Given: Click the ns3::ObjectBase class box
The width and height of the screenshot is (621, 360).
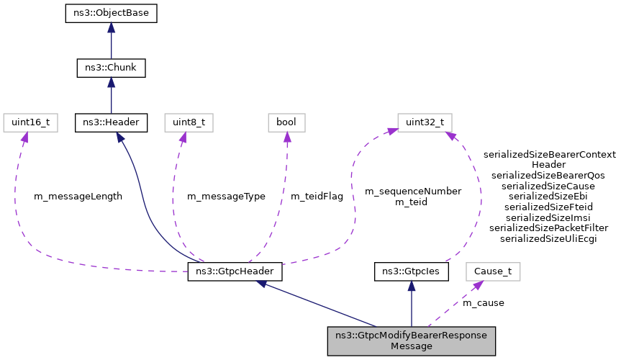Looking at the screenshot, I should pos(111,13).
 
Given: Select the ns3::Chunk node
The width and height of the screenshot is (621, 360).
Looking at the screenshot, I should pos(111,68).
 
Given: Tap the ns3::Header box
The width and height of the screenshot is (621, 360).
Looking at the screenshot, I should pos(111,122).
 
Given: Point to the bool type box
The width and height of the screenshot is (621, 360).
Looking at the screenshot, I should pos(286,122).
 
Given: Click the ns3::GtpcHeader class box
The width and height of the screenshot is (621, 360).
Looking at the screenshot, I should pos(235,272).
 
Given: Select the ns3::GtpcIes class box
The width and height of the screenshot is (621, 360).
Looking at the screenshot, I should pos(412,272).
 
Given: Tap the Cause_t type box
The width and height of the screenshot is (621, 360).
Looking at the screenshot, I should pos(492,272).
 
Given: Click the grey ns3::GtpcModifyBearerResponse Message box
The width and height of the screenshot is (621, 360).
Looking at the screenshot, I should pos(412,341).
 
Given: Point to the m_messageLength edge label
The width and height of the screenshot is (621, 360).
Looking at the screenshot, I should pos(78,197).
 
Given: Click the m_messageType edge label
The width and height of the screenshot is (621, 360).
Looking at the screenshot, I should pos(226,197).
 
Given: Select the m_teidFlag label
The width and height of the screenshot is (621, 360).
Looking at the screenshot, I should pos(317,197).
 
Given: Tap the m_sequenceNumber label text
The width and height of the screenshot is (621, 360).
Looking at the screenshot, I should pos(413,192).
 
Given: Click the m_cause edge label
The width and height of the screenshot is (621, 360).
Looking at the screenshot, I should pos(484,303).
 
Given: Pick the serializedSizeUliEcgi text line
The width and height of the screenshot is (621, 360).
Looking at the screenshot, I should pos(548,238).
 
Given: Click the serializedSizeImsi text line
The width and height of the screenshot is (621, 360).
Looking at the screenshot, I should pos(548,217).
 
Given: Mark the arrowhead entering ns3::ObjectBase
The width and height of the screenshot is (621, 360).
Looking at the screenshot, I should pos(111,27).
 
